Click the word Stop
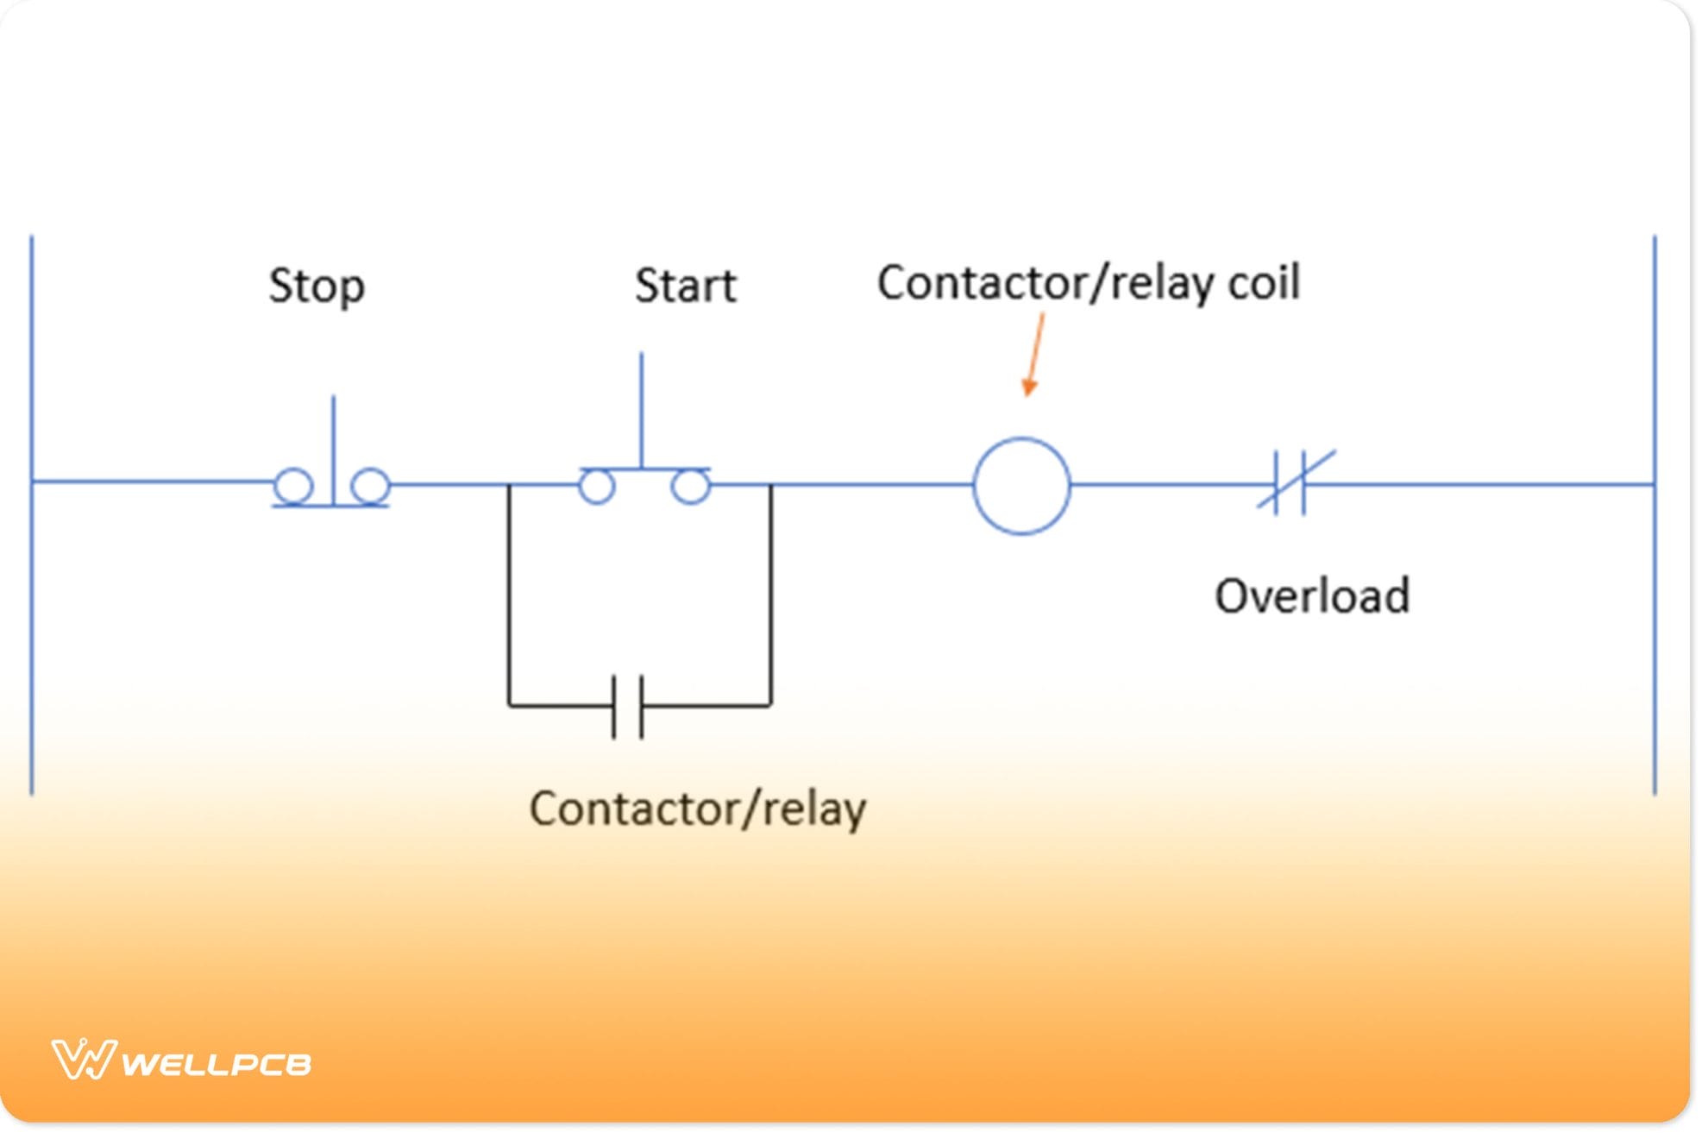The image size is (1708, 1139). [317, 286]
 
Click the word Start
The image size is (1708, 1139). [686, 286]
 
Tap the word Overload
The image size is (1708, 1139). [1312, 596]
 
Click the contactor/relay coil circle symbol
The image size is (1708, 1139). [1021, 486]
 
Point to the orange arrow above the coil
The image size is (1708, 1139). [1034, 355]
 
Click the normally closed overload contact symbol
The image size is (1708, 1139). [1295, 483]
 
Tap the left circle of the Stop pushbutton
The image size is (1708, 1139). [293, 486]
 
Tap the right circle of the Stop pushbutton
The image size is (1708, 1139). [371, 486]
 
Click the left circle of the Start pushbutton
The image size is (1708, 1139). [596, 487]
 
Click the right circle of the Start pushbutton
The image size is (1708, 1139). [690, 487]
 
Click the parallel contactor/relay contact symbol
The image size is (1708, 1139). [627, 707]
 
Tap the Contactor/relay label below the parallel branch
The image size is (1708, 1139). [697, 809]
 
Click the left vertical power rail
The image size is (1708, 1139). [32, 604]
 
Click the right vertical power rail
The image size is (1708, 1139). [1655, 604]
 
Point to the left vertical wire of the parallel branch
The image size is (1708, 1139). [509, 595]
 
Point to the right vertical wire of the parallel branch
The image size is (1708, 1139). [771, 595]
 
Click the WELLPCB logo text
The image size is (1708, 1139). [216, 1064]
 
